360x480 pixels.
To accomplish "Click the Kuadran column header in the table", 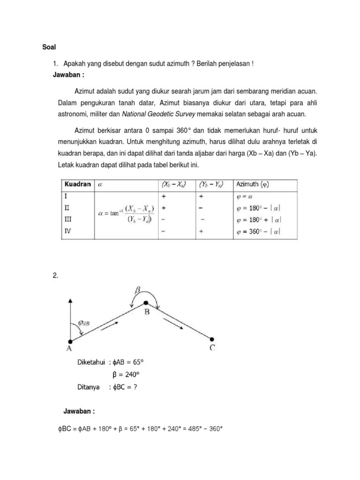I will (x=77, y=184).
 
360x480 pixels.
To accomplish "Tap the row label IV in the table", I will (x=67, y=231).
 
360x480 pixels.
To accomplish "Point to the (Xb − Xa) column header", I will (x=172, y=185).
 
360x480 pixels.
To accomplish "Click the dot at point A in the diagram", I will (x=70, y=341).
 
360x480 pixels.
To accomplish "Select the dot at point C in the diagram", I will (x=212, y=339).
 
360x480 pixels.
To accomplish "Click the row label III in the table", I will (x=68, y=219).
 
